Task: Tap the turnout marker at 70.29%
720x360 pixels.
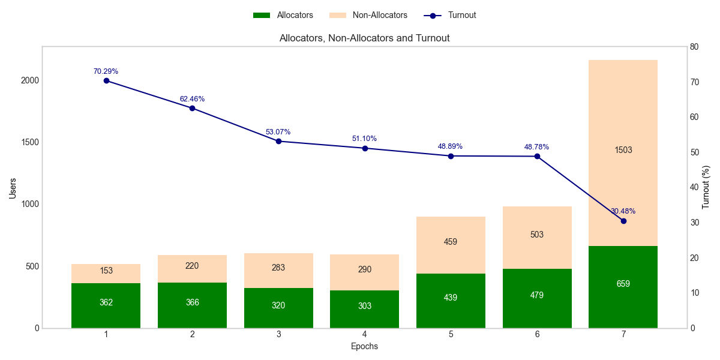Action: (106, 80)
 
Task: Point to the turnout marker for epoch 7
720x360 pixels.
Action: (623, 221)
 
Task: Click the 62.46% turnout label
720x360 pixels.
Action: (192, 99)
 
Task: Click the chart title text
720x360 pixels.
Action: (364, 38)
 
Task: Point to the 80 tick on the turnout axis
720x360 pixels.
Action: (695, 47)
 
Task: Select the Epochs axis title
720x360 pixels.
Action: (364, 346)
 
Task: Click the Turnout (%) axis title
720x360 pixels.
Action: (706, 187)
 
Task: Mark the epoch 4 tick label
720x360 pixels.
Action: (365, 334)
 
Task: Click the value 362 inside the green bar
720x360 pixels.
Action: (106, 302)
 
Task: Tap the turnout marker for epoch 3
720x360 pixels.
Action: (278, 141)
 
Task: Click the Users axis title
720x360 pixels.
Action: (13, 187)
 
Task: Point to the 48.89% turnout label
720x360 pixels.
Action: (450, 146)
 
